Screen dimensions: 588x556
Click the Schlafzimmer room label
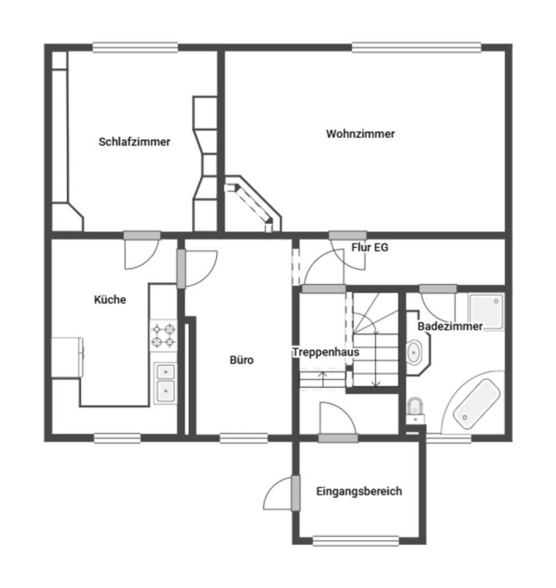click(134, 142)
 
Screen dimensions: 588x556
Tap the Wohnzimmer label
click(360, 134)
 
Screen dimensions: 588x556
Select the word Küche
click(110, 300)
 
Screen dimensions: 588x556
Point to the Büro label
click(241, 360)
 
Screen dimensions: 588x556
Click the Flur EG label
click(370, 248)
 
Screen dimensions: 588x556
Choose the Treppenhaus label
click(325, 352)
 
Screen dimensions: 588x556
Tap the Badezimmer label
click(450, 326)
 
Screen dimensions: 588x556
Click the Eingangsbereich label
click(358, 491)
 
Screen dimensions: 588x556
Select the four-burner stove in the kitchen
click(164, 335)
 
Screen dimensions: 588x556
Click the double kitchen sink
click(164, 382)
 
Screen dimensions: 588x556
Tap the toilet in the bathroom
click(414, 408)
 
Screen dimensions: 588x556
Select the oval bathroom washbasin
click(415, 353)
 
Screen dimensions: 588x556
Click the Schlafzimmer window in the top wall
click(135, 48)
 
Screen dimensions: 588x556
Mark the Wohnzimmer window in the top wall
click(416, 48)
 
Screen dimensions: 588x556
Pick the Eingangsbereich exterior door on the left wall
click(295, 493)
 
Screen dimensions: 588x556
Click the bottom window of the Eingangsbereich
click(355, 541)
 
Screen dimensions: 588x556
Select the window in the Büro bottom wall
click(243, 438)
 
